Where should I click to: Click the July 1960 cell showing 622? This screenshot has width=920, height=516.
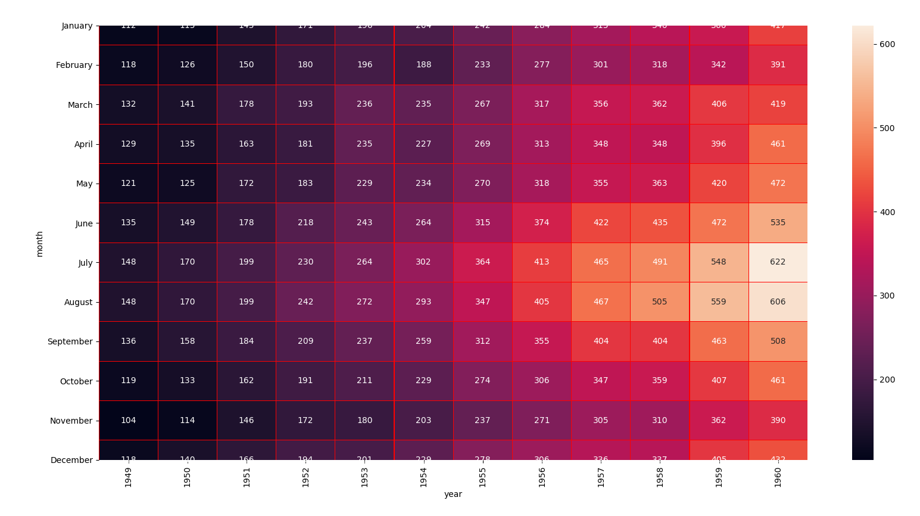click(778, 262)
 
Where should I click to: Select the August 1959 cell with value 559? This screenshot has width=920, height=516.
click(719, 301)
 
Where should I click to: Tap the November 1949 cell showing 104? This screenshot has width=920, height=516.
click(129, 420)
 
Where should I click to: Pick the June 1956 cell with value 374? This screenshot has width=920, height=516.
click(541, 223)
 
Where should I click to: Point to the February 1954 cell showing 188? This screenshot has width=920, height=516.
click(423, 65)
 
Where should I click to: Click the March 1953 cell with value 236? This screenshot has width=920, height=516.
click(364, 104)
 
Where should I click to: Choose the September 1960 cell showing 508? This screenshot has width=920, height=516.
click(778, 341)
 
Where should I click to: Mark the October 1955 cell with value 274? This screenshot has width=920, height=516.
click(482, 381)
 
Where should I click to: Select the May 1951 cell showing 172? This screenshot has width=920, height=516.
click(247, 184)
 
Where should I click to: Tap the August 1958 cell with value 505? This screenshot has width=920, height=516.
click(660, 301)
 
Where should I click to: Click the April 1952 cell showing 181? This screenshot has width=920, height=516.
click(305, 144)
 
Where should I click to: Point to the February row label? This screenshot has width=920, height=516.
click(74, 65)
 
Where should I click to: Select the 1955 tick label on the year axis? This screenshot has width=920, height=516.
click(482, 477)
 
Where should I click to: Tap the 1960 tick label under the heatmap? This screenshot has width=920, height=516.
click(778, 477)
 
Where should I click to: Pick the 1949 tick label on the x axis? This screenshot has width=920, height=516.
click(129, 477)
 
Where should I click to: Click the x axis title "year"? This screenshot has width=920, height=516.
click(453, 495)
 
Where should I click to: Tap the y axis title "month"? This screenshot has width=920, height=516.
click(40, 244)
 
